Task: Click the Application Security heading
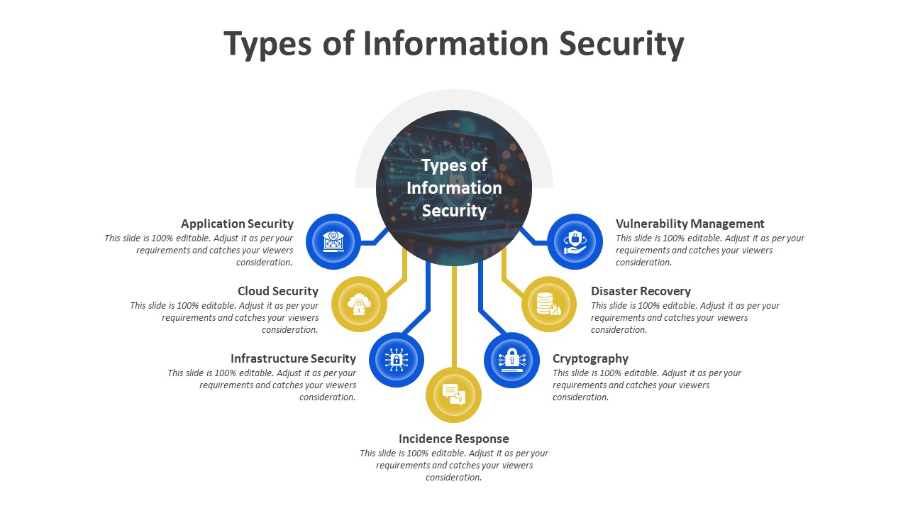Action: point(237,224)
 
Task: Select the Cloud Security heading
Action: point(278,291)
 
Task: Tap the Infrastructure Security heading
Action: point(293,358)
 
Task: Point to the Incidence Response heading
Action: point(454,439)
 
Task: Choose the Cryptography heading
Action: point(590,358)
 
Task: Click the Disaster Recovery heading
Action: point(641,291)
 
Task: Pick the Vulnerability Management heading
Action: point(690,224)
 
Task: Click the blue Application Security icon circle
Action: point(333,241)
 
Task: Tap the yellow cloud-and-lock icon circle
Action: point(359,304)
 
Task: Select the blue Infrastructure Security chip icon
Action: point(397,360)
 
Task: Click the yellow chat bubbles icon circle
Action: point(454,395)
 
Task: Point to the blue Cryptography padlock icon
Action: point(511,360)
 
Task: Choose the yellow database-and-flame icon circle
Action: point(549,304)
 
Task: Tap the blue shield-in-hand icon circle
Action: point(575,241)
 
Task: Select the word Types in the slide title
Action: point(267,43)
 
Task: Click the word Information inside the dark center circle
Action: point(454,188)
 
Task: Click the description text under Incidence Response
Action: point(454,465)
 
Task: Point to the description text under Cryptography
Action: point(646,385)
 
